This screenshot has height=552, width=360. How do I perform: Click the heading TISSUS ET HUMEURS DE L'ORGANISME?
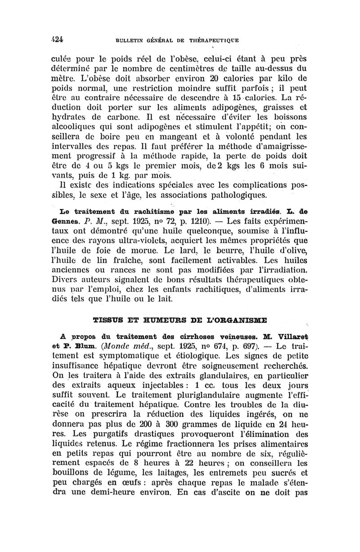180,320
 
